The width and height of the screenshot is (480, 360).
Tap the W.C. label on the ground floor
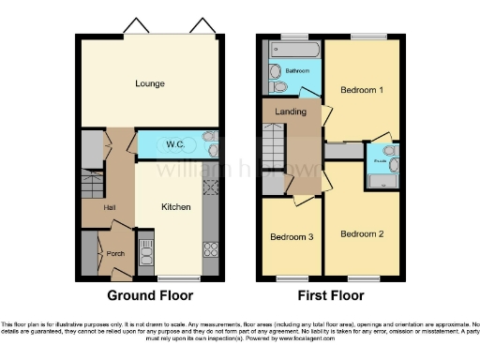[x=175, y=144]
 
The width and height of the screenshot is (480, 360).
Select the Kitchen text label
[x=175, y=207]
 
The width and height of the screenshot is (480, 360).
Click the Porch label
[x=116, y=253]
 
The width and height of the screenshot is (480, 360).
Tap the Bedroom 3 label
[x=291, y=237]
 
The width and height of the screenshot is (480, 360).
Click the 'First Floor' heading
[x=333, y=295]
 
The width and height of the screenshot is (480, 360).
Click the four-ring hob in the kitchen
[x=211, y=249]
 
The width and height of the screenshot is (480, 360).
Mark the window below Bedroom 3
[x=292, y=278]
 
